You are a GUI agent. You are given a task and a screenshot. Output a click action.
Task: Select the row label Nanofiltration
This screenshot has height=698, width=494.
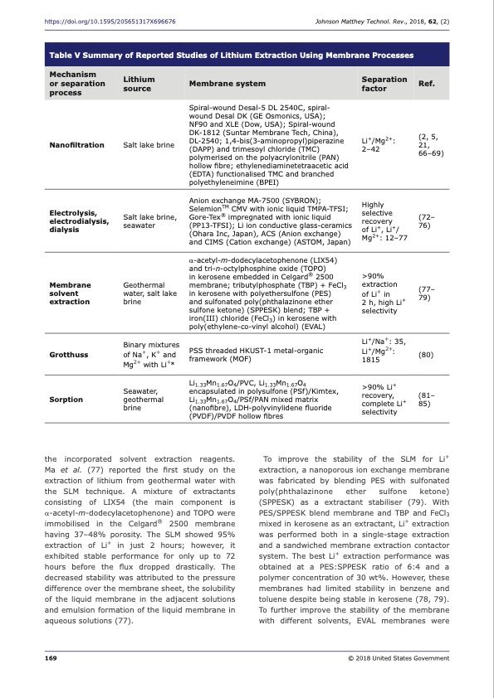(77, 144)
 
